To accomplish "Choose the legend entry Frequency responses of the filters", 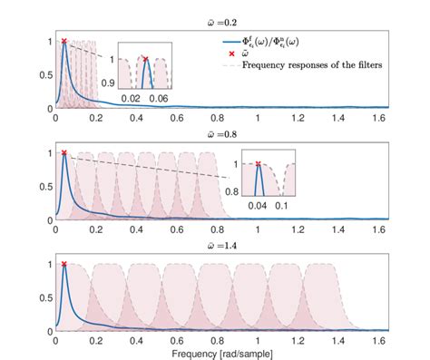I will click(313, 66).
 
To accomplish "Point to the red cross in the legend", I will click(220, 54).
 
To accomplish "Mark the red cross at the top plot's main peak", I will click(64, 41).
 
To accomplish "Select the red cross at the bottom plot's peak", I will click(64, 264).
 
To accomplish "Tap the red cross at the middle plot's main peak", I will click(64, 153).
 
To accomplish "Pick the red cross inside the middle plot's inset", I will click(259, 164).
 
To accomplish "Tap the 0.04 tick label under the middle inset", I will click(259, 209).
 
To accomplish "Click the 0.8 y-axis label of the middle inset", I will click(230, 192).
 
